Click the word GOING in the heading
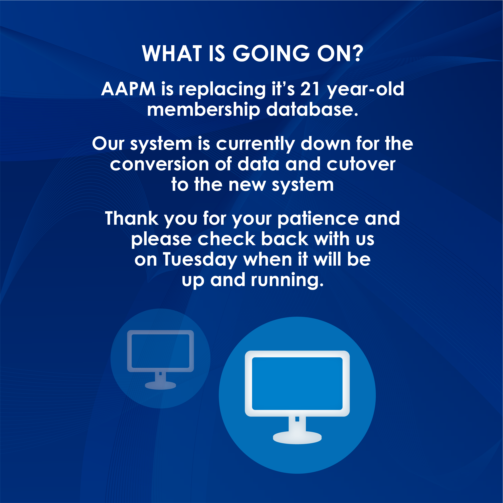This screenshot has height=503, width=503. point(271,53)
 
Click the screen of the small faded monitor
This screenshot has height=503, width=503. point(160,351)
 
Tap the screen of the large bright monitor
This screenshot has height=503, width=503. point(297,384)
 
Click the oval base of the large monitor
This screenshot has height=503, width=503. point(297,437)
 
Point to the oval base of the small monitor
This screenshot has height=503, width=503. point(160,385)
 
